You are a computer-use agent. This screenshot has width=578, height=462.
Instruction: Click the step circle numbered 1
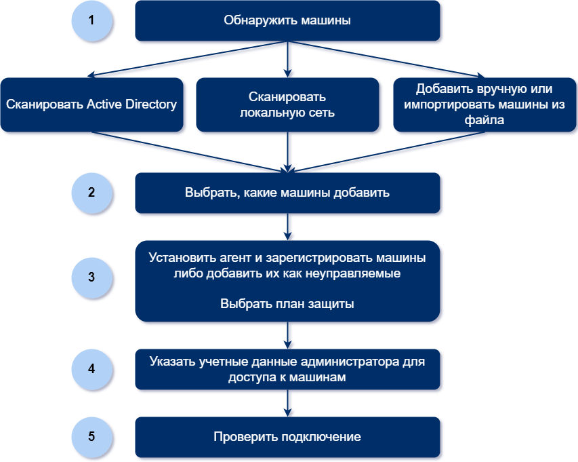click(x=91, y=20)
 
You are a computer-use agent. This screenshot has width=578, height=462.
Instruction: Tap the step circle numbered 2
click(x=91, y=193)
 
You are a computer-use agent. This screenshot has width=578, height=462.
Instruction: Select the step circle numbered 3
click(x=91, y=277)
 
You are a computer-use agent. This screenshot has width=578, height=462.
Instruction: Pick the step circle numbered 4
click(x=91, y=369)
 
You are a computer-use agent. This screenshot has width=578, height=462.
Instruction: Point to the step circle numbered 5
click(x=91, y=437)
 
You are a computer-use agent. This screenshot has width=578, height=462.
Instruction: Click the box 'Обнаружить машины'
click(x=287, y=20)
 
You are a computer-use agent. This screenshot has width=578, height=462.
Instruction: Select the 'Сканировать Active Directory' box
click(x=91, y=104)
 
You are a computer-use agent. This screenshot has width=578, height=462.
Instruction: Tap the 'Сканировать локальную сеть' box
click(x=287, y=104)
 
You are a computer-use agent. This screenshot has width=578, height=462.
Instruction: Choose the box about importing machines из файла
click(x=484, y=104)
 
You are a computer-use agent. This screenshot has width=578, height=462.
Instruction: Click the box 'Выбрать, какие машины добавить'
click(x=287, y=193)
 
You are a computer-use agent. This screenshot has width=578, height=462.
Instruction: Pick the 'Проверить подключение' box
click(x=287, y=437)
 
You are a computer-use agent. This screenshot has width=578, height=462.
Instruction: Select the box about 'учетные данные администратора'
click(x=287, y=369)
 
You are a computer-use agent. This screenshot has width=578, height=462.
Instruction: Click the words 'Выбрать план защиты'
click(x=287, y=304)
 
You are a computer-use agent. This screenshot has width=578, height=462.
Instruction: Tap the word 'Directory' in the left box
click(x=151, y=104)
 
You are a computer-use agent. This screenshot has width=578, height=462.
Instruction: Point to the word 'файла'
click(x=484, y=120)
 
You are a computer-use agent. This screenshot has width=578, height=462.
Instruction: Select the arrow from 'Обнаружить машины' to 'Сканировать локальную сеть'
click(x=287, y=59)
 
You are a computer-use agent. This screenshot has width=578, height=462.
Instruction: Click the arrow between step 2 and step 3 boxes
click(x=287, y=227)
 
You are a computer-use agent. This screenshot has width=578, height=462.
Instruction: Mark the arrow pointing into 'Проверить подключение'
click(x=287, y=403)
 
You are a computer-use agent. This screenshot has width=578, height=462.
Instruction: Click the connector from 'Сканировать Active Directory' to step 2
click(x=190, y=152)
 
